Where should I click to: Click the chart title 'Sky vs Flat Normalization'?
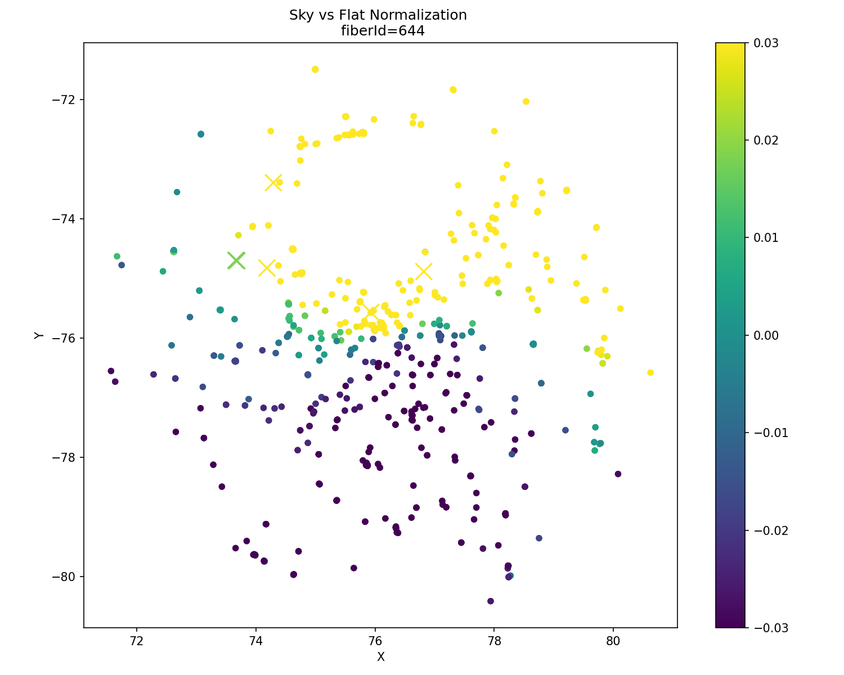378,15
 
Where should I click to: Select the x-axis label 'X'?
380,657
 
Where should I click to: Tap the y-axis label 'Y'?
39,335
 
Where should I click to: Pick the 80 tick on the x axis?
613,641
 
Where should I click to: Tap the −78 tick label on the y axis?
66,457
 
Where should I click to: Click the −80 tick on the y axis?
66,577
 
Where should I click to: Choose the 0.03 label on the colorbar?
767,43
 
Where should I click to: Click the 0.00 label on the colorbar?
767,335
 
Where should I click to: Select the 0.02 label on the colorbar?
767,141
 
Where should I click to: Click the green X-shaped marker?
236,260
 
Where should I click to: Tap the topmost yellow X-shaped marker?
273,182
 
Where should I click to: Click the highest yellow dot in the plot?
315,69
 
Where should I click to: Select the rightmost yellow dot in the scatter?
650,372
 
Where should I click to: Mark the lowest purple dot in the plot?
491,601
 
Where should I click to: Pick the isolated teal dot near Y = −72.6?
201,134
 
